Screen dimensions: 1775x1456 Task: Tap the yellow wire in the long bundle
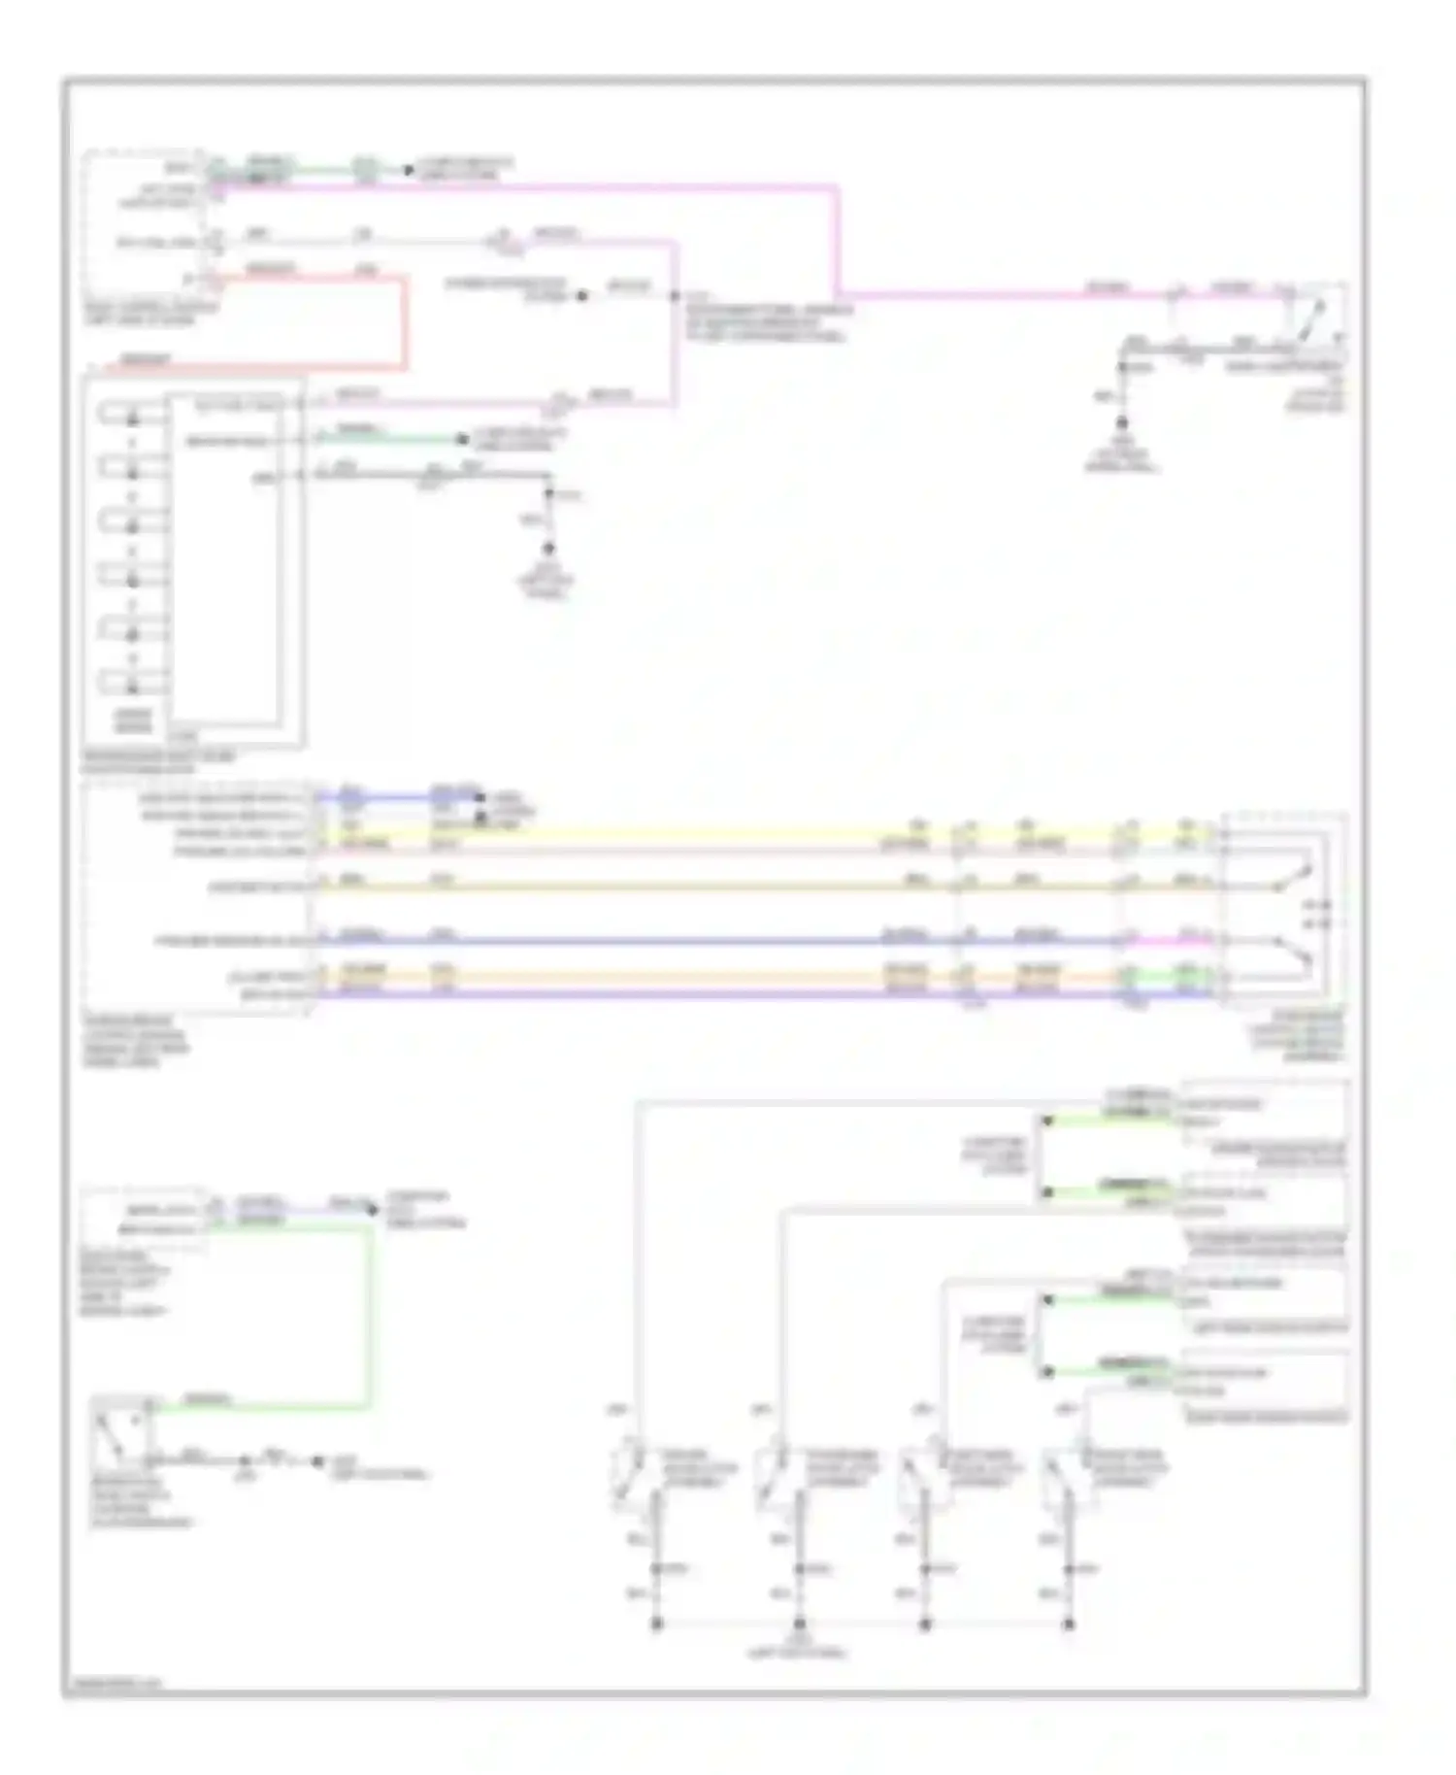point(631,832)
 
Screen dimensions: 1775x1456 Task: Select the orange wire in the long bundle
point(631,976)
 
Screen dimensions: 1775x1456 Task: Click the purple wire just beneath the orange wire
point(631,993)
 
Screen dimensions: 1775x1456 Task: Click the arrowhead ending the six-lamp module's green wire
point(463,440)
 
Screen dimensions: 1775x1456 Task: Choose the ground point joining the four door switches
point(799,1624)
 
